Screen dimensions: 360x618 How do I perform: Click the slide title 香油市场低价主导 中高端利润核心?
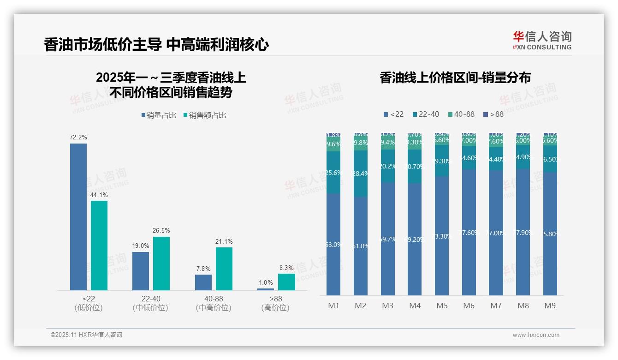tap(156, 45)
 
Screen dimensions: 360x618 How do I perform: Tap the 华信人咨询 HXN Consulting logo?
tap(542, 41)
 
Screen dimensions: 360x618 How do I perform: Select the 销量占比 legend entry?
tap(159, 115)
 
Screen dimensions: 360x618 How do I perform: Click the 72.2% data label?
tap(78, 138)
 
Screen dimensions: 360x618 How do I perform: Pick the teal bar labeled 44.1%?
tap(99, 245)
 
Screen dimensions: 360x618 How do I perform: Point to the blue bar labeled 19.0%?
tap(141, 271)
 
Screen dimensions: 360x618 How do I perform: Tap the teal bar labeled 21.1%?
tap(224, 269)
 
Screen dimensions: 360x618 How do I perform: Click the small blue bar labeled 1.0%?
tap(266, 289)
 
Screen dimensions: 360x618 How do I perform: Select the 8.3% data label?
tap(286, 268)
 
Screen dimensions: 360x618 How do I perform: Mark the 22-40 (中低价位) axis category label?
tap(150, 303)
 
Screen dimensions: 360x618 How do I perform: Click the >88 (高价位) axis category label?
tap(275, 303)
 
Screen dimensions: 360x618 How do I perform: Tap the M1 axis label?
tap(333, 306)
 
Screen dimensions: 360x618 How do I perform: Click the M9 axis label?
tap(550, 306)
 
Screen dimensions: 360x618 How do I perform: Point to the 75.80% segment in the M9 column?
tap(550, 234)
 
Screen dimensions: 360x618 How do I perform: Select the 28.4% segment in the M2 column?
tap(361, 174)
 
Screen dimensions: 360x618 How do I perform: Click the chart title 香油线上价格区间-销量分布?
tap(455, 78)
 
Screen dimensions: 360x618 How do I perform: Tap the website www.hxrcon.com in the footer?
tap(535, 335)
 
